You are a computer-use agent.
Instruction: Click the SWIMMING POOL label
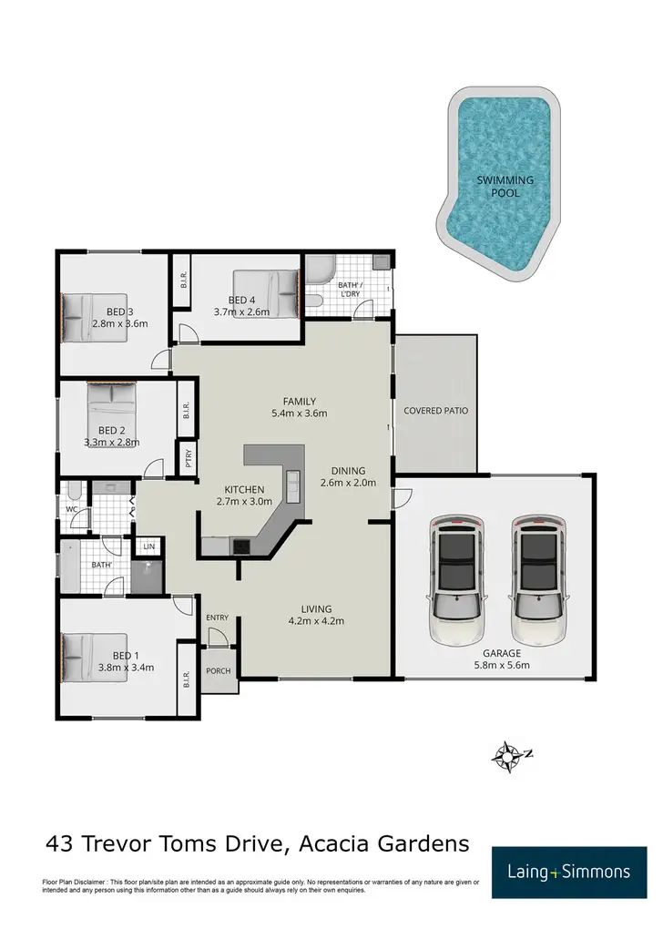pos(505,187)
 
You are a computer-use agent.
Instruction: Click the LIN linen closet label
pos(147,547)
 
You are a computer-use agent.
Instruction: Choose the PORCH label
pos(219,671)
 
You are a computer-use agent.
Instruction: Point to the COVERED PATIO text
pos(435,411)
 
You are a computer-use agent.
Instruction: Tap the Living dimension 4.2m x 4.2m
pos(317,622)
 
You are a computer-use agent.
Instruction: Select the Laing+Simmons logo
pos(568,872)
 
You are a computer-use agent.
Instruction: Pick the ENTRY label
pos(218,618)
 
